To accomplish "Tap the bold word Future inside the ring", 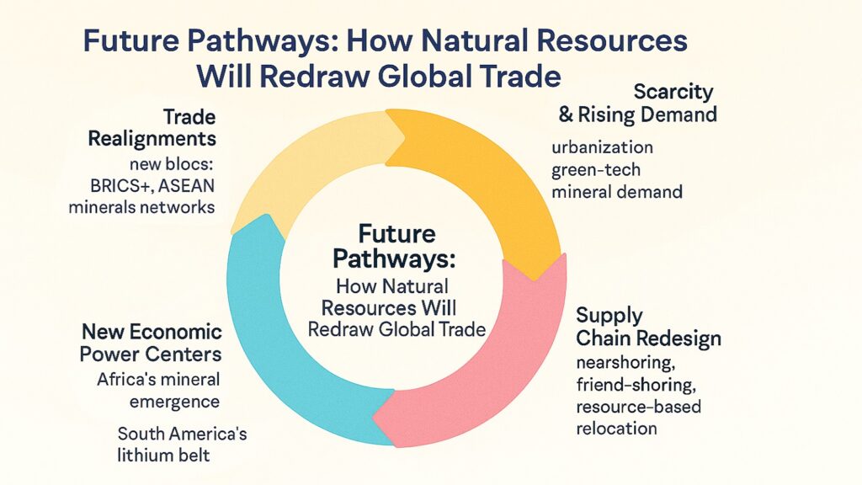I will coord(397,232).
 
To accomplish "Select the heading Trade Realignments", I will coord(152,126).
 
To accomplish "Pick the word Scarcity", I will coord(673,91).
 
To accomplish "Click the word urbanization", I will coord(602,147).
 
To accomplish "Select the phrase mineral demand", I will coord(616,192).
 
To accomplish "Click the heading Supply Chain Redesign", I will coord(647,328).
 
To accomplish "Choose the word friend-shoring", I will coord(627,386).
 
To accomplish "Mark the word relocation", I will coord(616,428).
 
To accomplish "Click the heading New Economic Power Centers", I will coord(152,342).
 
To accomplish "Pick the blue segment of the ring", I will coord(278,354).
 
